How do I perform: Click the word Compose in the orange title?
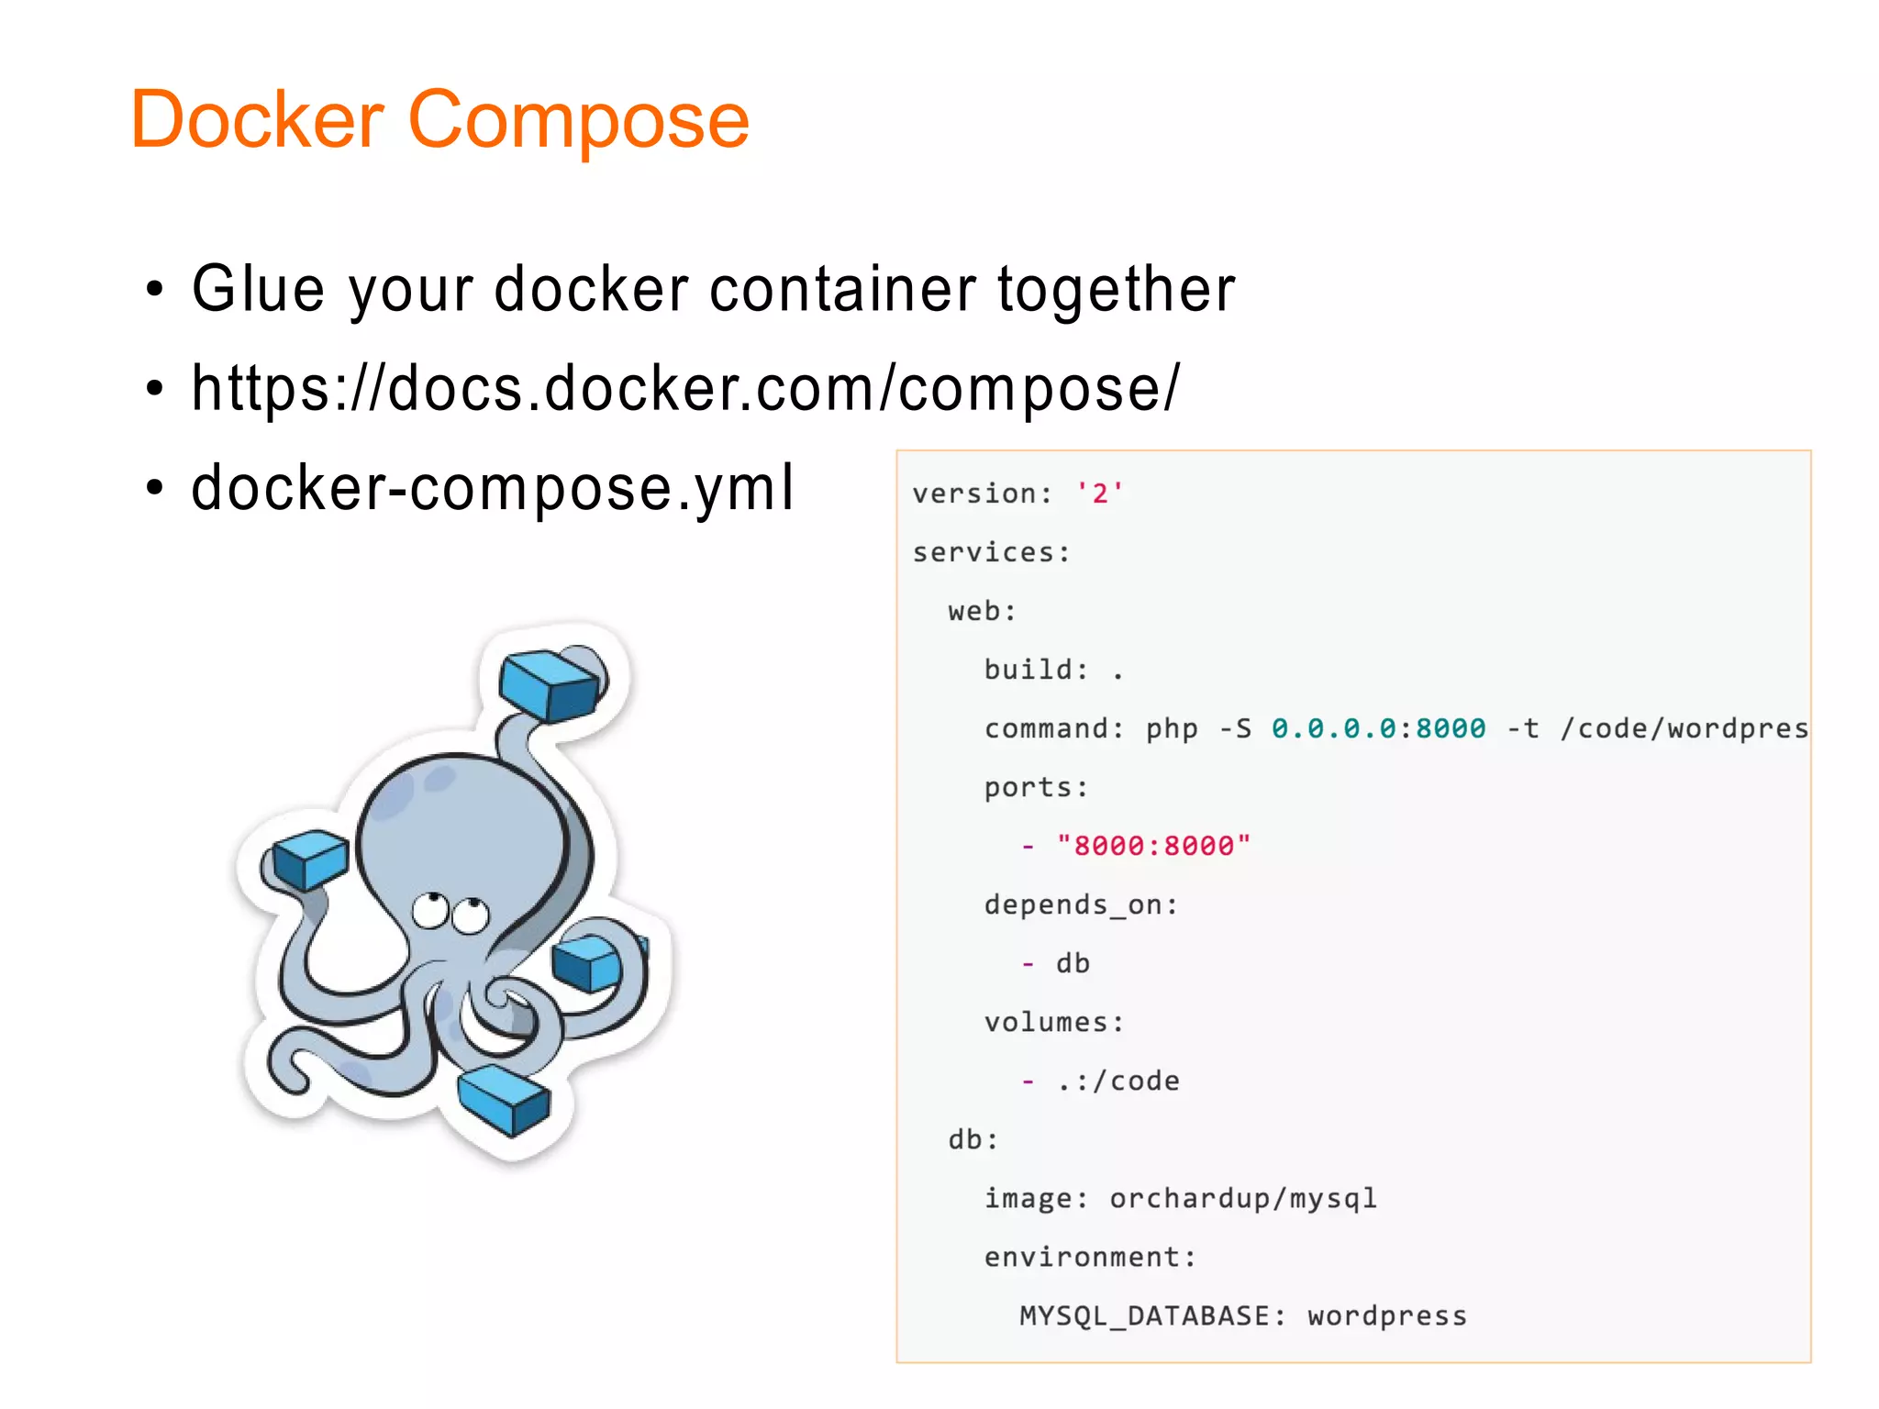578,121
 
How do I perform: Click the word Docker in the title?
257,119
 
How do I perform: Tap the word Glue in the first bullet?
258,290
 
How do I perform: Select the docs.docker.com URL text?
684,388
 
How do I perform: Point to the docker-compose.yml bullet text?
493,487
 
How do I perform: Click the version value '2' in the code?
1099,494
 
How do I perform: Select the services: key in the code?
991,552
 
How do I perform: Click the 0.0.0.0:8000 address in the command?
1378,728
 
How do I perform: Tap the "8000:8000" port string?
1153,846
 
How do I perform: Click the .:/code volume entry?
1117,1081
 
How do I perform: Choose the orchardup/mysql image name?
1243,1198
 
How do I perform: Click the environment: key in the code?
1090,1257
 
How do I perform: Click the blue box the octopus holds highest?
550,683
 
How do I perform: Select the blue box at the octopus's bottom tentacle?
504,1099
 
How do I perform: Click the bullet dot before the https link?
155,389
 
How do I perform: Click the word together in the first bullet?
1116,290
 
